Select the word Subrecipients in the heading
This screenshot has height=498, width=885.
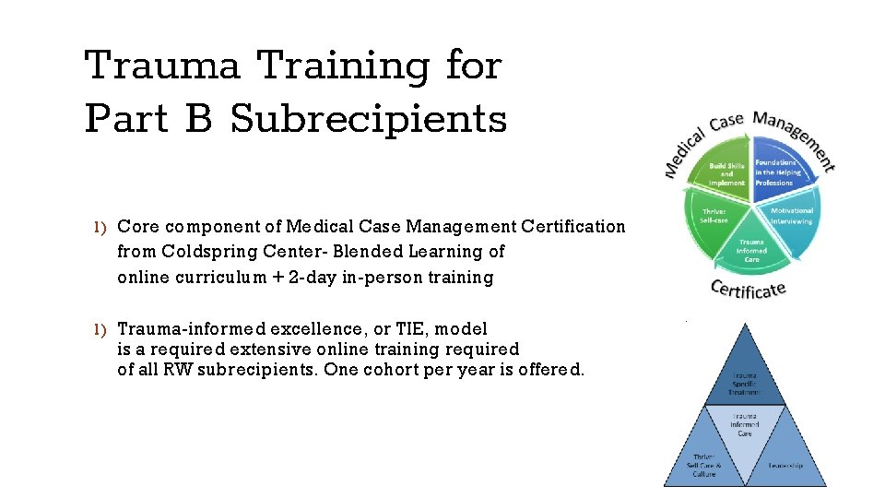[369, 120]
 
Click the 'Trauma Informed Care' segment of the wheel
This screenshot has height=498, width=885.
[751, 249]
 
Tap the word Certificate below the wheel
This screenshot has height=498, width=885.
[748, 289]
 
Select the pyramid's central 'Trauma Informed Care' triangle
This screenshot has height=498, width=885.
[746, 427]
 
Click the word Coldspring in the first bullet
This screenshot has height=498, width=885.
[200, 252]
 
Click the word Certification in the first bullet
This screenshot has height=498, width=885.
[572, 227]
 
